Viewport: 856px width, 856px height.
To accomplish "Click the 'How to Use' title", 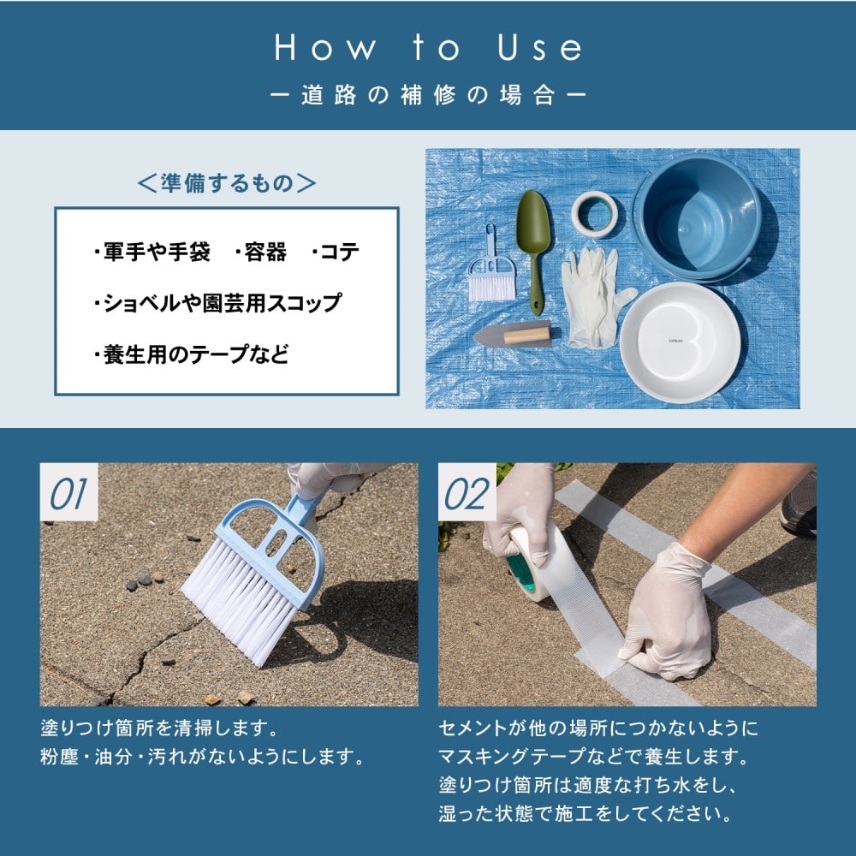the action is (x=429, y=47).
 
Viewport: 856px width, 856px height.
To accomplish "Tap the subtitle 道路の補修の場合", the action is (x=428, y=96).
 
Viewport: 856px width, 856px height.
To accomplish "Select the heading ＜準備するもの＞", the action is (x=227, y=183).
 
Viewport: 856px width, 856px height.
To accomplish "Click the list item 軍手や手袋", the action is (x=152, y=253).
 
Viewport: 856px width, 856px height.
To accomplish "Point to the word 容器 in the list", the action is (x=260, y=253).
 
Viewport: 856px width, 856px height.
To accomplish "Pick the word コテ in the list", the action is (x=336, y=253).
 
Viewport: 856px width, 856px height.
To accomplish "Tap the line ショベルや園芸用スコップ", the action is (x=217, y=303).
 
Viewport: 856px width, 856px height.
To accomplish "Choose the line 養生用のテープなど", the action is (x=191, y=354).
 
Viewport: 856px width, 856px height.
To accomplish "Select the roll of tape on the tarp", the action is (x=595, y=214).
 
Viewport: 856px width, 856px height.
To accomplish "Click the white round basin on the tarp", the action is (x=681, y=342).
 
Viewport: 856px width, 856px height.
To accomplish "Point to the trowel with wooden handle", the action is (x=513, y=334).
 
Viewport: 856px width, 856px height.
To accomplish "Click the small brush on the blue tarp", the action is (x=491, y=267).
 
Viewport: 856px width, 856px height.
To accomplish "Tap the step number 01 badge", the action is (x=68, y=494).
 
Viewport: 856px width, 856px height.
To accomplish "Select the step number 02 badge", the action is (x=467, y=494).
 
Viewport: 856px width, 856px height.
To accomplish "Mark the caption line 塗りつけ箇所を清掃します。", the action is (x=159, y=728).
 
